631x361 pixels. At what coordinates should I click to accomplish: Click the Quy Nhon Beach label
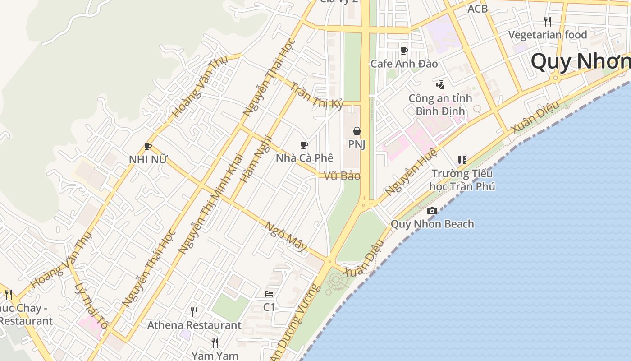tap(432, 224)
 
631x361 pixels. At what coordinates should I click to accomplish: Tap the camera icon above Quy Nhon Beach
tap(432, 211)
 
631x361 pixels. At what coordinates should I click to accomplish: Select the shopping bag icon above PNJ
tap(357, 131)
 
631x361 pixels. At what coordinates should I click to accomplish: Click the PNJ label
tap(357, 144)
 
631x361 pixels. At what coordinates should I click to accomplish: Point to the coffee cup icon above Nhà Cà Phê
tap(304, 145)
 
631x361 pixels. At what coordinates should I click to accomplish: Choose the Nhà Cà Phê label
tap(305, 158)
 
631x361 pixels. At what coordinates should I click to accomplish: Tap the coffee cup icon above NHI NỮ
tap(147, 146)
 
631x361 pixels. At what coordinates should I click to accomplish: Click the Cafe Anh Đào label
tap(404, 64)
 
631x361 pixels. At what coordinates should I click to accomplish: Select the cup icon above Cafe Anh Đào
tap(404, 51)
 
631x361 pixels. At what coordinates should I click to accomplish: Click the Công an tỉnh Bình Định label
tap(440, 104)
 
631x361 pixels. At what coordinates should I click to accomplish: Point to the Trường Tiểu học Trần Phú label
tap(462, 180)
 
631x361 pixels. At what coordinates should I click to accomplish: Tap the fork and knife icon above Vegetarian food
tap(548, 21)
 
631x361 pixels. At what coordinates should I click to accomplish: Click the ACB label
tap(478, 9)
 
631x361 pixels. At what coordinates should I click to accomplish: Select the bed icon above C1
tap(269, 294)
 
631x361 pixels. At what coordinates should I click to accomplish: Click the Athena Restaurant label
tap(194, 325)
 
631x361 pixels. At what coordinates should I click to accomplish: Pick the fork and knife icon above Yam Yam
tap(215, 343)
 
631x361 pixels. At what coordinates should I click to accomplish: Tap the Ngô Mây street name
tap(286, 236)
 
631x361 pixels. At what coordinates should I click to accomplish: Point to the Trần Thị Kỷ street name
tap(317, 95)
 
